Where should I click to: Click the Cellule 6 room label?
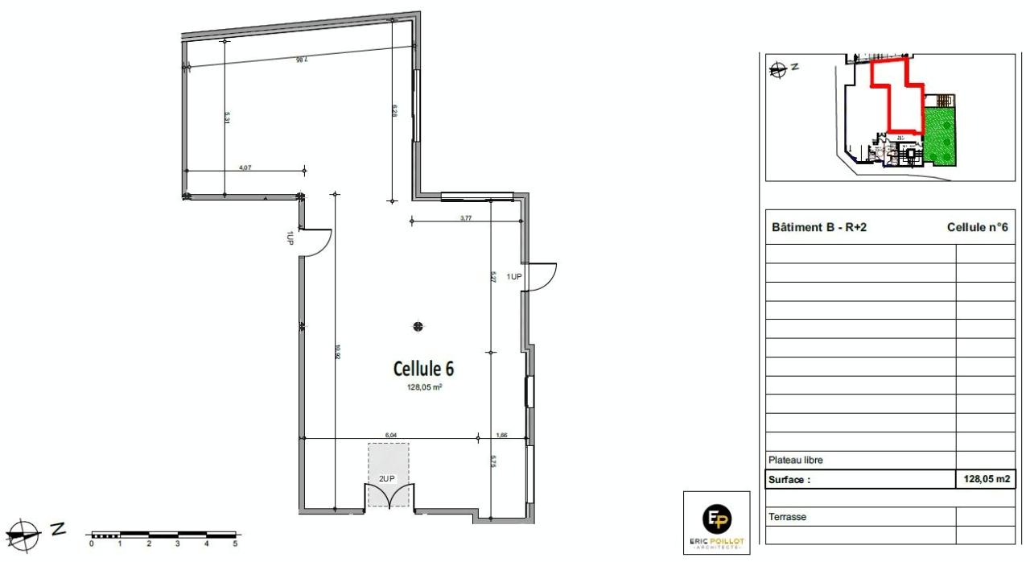[x=423, y=369]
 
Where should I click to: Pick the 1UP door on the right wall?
[x=540, y=276]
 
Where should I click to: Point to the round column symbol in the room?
[x=418, y=326]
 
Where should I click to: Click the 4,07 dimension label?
[x=245, y=167]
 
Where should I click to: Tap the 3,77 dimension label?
[x=466, y=217]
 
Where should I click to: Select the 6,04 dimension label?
[x=391, y=435]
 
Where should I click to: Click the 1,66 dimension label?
[x=502, y=435]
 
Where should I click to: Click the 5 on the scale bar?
[x=235, y=544]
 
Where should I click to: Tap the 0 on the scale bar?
[x=92, y=544]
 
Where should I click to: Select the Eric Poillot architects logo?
[x=716, y=523]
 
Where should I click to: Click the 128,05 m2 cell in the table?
[x=985, y=479]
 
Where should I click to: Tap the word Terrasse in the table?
[x=787, y=517]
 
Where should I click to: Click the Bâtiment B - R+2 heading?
[x=818, y=227]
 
